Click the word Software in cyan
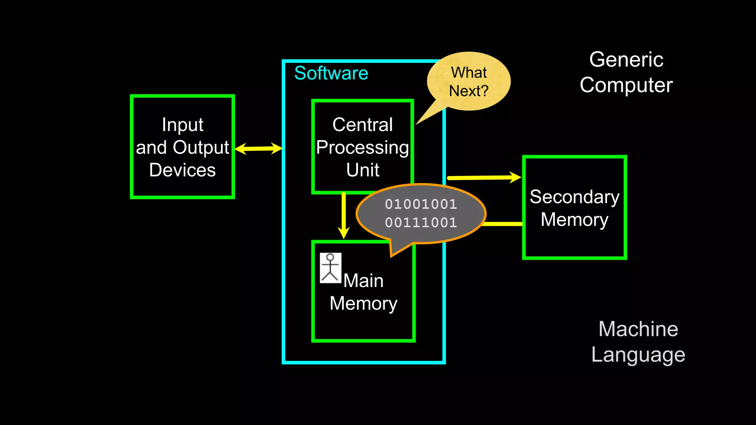tap(331, 73)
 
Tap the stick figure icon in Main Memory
tap(330, 268)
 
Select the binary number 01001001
tap(421, 204)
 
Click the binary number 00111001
tap(421, 222)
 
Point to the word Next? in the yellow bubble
tap(468, 91)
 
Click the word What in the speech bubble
tap(469, 72)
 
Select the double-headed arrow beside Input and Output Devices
tap(258, 149)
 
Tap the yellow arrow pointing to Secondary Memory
tap(484, 177)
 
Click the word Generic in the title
tap(626, 59)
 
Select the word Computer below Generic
tap(626, 85)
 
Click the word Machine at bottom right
tap(638, 329)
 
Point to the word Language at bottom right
tap(638, 355)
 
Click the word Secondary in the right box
tap(574, 197)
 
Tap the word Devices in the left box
tap(182, 170)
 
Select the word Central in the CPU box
tap(362, 125)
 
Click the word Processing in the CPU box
tap(362, 148)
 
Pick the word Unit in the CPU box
tap(362, 170)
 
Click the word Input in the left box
tap(182, 125)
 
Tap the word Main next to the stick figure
tap(364, 281)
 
